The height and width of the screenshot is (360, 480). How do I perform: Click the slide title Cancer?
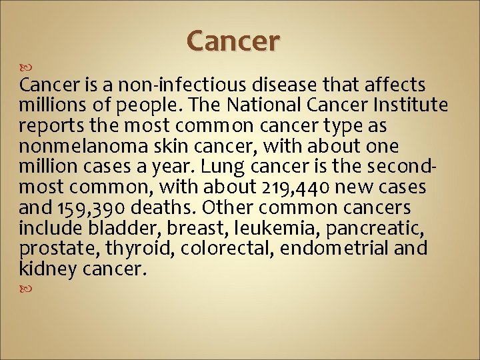point(233,41)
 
